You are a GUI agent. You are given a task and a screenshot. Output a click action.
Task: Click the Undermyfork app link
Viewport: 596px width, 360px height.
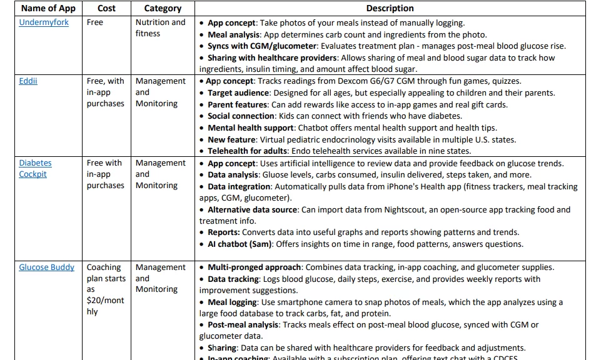pos(44,22)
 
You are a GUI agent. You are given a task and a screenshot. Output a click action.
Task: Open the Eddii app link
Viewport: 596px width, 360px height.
pos(28,81)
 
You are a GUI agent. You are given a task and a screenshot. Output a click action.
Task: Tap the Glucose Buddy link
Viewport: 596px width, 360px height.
pos(46,267)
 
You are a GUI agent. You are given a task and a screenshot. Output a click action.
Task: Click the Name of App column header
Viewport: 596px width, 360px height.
pos(48,8)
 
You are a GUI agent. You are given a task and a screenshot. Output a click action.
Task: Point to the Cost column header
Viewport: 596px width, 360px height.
pos(106,8)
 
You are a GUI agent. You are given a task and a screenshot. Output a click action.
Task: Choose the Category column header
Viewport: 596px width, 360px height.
pos(163,8)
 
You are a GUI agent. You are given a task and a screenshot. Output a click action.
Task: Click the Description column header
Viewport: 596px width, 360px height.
pos(390,8)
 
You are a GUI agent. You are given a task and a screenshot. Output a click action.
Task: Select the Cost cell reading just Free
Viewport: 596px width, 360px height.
pos(95,22)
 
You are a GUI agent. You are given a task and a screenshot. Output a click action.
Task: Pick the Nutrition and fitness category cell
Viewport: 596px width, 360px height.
pos(160,28)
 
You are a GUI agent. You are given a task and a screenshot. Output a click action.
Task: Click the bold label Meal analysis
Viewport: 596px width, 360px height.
pos(235,34)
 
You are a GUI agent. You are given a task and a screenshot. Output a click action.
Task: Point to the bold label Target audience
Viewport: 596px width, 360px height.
pos(238,92)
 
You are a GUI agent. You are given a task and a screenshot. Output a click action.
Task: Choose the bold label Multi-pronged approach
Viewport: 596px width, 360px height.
pos(254,267)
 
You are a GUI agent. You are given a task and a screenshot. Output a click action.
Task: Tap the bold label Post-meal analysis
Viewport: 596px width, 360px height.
pos(243,325)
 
